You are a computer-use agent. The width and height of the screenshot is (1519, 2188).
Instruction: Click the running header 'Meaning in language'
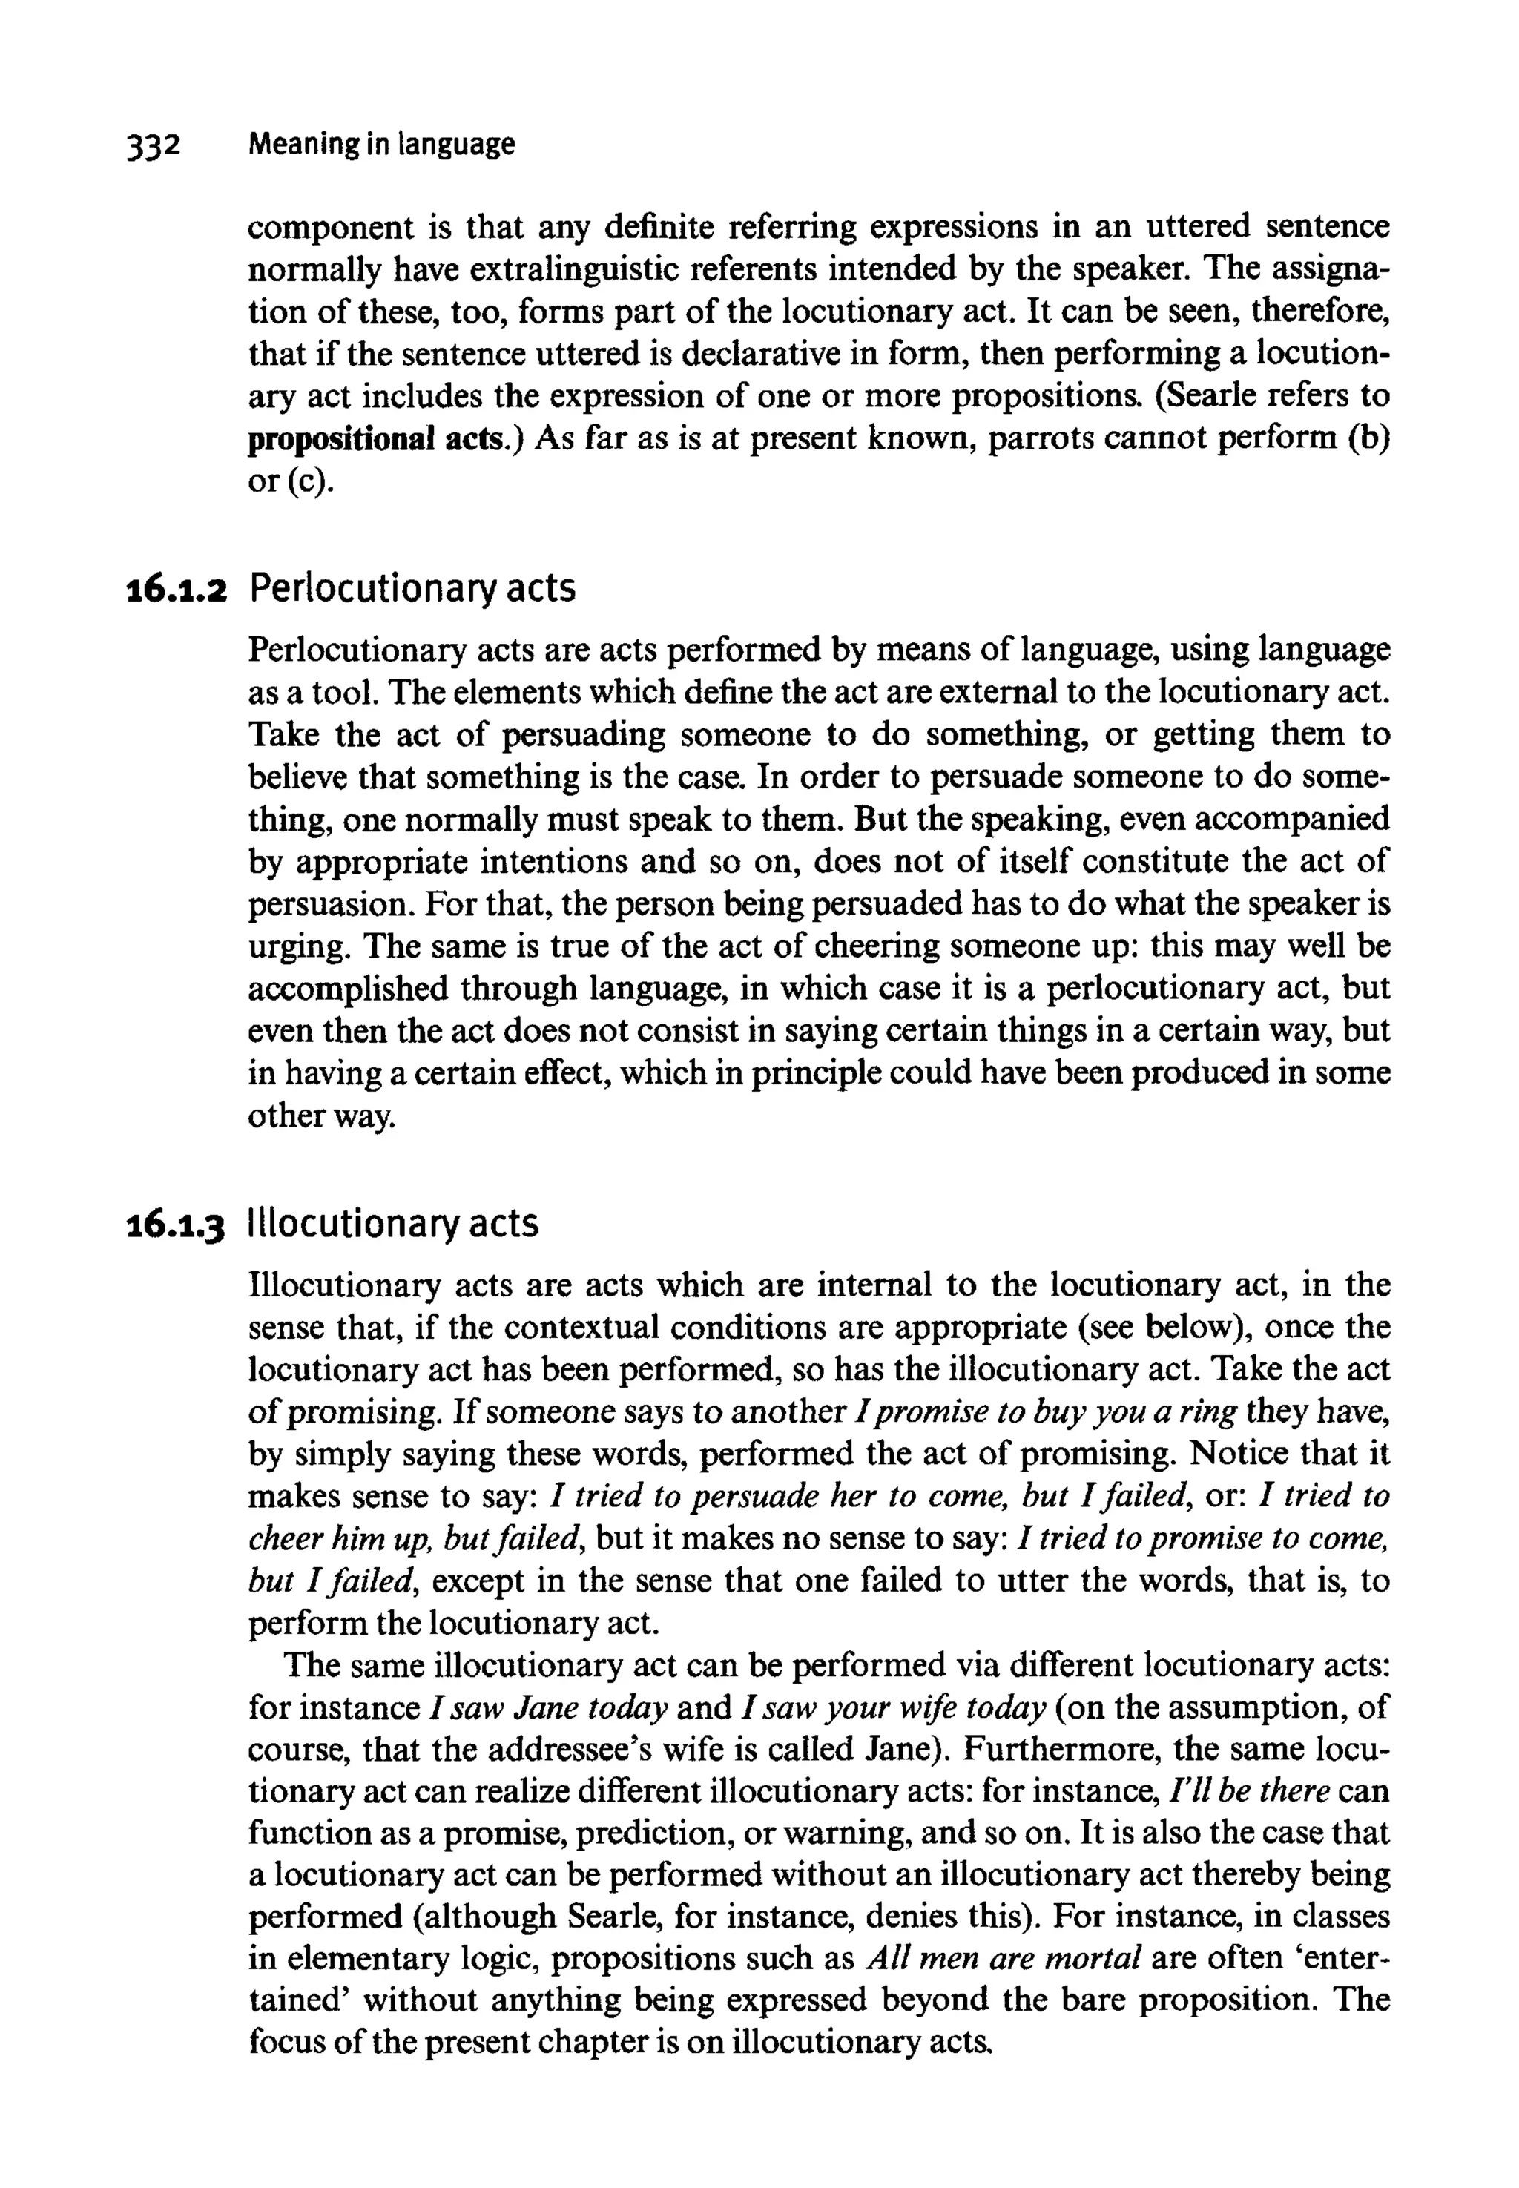[x=380, y=145]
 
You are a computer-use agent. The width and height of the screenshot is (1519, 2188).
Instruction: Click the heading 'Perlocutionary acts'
[x=412, y=589]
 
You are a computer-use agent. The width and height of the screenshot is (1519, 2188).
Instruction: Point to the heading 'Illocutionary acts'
[x=393, y=1224]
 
